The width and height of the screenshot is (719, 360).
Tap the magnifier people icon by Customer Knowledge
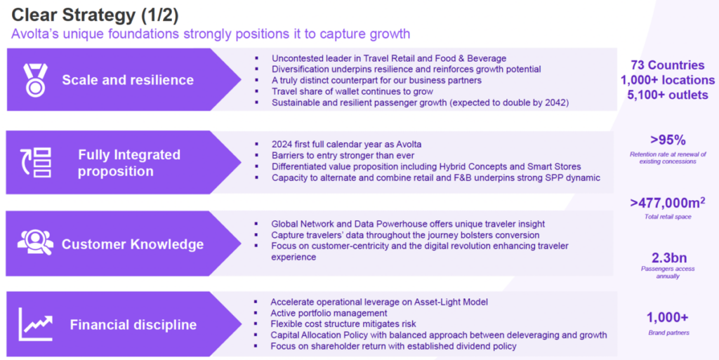pos(35,242)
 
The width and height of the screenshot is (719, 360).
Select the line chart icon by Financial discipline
pos(36,324)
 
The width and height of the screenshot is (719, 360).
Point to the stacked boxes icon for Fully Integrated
pos(36,162)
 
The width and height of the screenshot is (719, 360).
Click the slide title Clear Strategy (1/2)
pos(95,15)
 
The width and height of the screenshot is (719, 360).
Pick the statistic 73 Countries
pos(667,65)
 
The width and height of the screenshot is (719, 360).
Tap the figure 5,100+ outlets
pos(668,95)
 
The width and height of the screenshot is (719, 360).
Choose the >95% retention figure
pos(668,140)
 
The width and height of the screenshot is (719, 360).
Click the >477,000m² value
pos(668,202)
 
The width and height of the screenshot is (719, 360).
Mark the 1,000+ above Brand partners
pos(668,317)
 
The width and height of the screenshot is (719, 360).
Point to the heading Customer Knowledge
pos(133,244)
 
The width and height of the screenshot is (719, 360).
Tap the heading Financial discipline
pos(133,325)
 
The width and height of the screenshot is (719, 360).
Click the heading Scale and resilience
pos(128,80)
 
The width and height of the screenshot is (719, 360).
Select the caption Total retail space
pos(668,217)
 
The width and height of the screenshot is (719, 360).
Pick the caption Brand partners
pos(668,333)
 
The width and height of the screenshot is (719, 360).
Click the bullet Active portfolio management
pos(329,313)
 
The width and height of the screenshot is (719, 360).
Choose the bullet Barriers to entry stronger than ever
pos(343,155)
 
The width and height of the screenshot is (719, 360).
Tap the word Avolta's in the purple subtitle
pos(35,34)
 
